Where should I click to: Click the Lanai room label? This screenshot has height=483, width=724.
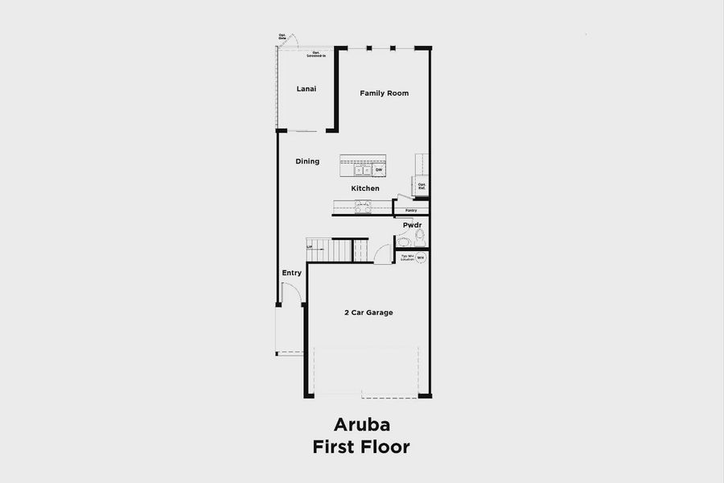[306, 89]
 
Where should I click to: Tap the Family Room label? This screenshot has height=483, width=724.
[384, 93]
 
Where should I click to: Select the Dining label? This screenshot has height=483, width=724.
[307, 162]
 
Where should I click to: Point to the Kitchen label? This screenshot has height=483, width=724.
[364, 188]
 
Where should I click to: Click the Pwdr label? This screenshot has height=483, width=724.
[413, 225]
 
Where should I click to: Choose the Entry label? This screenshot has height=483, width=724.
[291, 273]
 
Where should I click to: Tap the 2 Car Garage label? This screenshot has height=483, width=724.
[368, 312]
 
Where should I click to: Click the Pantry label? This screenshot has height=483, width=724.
[411, 211]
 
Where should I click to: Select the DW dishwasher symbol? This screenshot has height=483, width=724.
[378, 170]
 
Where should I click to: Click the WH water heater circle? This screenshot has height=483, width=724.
[420, 258]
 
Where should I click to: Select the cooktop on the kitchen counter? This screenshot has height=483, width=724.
[364, 206]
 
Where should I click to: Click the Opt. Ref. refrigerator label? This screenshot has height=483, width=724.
[422, 186]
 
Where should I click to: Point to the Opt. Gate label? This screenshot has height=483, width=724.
[282, 36]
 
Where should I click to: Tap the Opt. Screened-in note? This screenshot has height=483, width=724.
[315, 54]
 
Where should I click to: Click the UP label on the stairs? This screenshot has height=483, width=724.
[310, 247]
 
